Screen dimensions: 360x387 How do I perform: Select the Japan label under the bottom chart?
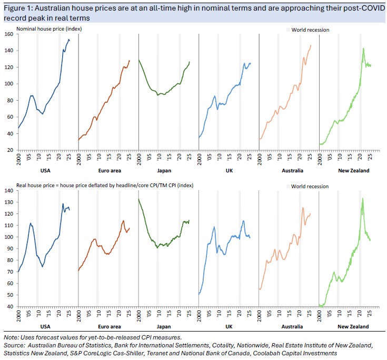click(168, 327)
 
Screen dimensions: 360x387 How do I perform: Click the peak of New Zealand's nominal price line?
click(363, 48)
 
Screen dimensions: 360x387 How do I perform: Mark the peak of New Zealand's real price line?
click(363, 198)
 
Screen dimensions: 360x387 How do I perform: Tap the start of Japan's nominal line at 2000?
click(139, 60)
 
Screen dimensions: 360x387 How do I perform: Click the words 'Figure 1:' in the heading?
click(17, 7)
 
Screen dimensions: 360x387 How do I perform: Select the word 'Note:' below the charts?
click(11, 337)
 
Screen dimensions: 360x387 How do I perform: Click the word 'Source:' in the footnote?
click(14, 345)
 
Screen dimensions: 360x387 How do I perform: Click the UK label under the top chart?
click(229, 170)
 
